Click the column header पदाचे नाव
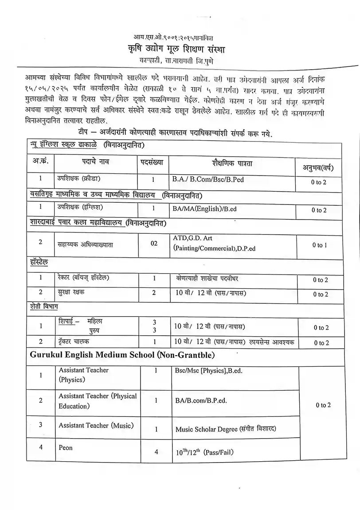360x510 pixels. (95, 162)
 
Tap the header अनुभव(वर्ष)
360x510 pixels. (318, 168)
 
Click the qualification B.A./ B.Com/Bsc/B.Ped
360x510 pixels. (208, 180)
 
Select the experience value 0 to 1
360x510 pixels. (319, 245)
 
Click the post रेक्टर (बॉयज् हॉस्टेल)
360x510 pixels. (84, 278)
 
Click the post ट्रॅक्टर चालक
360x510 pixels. (75, 341)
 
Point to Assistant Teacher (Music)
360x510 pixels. (96, 426)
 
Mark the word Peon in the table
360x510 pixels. (66, 448)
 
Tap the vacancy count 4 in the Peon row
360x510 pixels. (156, 452)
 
